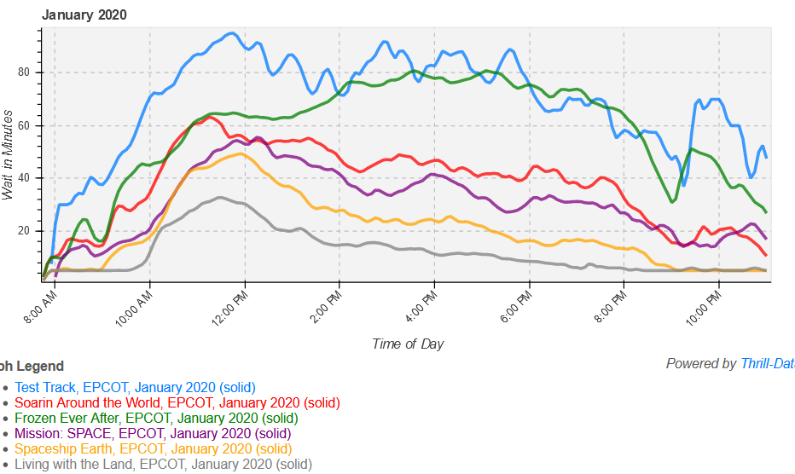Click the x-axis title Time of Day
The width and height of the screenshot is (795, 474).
click(x=408, y=344)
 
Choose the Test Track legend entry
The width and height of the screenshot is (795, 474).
click(x=135, y=388)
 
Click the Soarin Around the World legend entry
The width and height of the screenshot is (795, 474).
click(x=177, y=403)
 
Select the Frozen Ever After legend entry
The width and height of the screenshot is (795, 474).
click(x=156, y=419)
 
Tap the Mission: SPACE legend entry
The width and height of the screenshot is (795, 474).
click(x=153, y=434)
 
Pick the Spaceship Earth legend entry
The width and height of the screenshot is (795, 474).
click(x=153, y=449)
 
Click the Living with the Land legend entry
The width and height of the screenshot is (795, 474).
click(x=163, y=465)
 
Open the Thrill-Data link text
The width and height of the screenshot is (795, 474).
click(x=766, y=364)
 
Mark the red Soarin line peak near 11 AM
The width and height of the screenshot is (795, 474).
click(x=207, y=118)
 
